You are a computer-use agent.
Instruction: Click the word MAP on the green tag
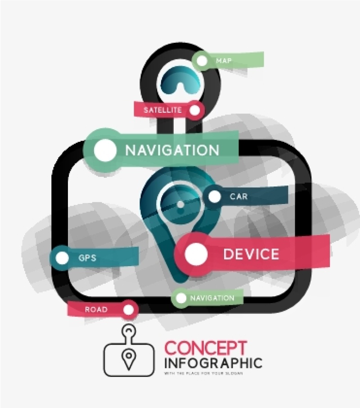(224, 60)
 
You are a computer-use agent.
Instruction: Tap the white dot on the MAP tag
(202, 60)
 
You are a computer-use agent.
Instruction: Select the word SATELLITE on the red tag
(162, 110)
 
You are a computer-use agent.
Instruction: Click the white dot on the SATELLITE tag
(195, 110)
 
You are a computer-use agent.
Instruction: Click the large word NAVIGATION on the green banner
(172, 150)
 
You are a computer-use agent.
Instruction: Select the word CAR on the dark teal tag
(238, 197)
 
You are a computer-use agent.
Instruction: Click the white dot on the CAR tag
(215, 197)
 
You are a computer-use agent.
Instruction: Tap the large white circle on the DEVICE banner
(197, 255)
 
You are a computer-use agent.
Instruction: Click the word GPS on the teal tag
(87, 258)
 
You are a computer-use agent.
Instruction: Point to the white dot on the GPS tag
(62, 258)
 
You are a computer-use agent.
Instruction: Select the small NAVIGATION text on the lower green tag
(212, 298)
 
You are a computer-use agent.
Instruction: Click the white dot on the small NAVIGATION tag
(181, 298)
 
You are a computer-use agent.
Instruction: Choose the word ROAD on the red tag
(96, 310)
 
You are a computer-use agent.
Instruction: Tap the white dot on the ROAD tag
(129, 310)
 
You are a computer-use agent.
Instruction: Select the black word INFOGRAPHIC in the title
(213, 363)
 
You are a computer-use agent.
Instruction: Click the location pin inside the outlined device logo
(129, 359)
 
